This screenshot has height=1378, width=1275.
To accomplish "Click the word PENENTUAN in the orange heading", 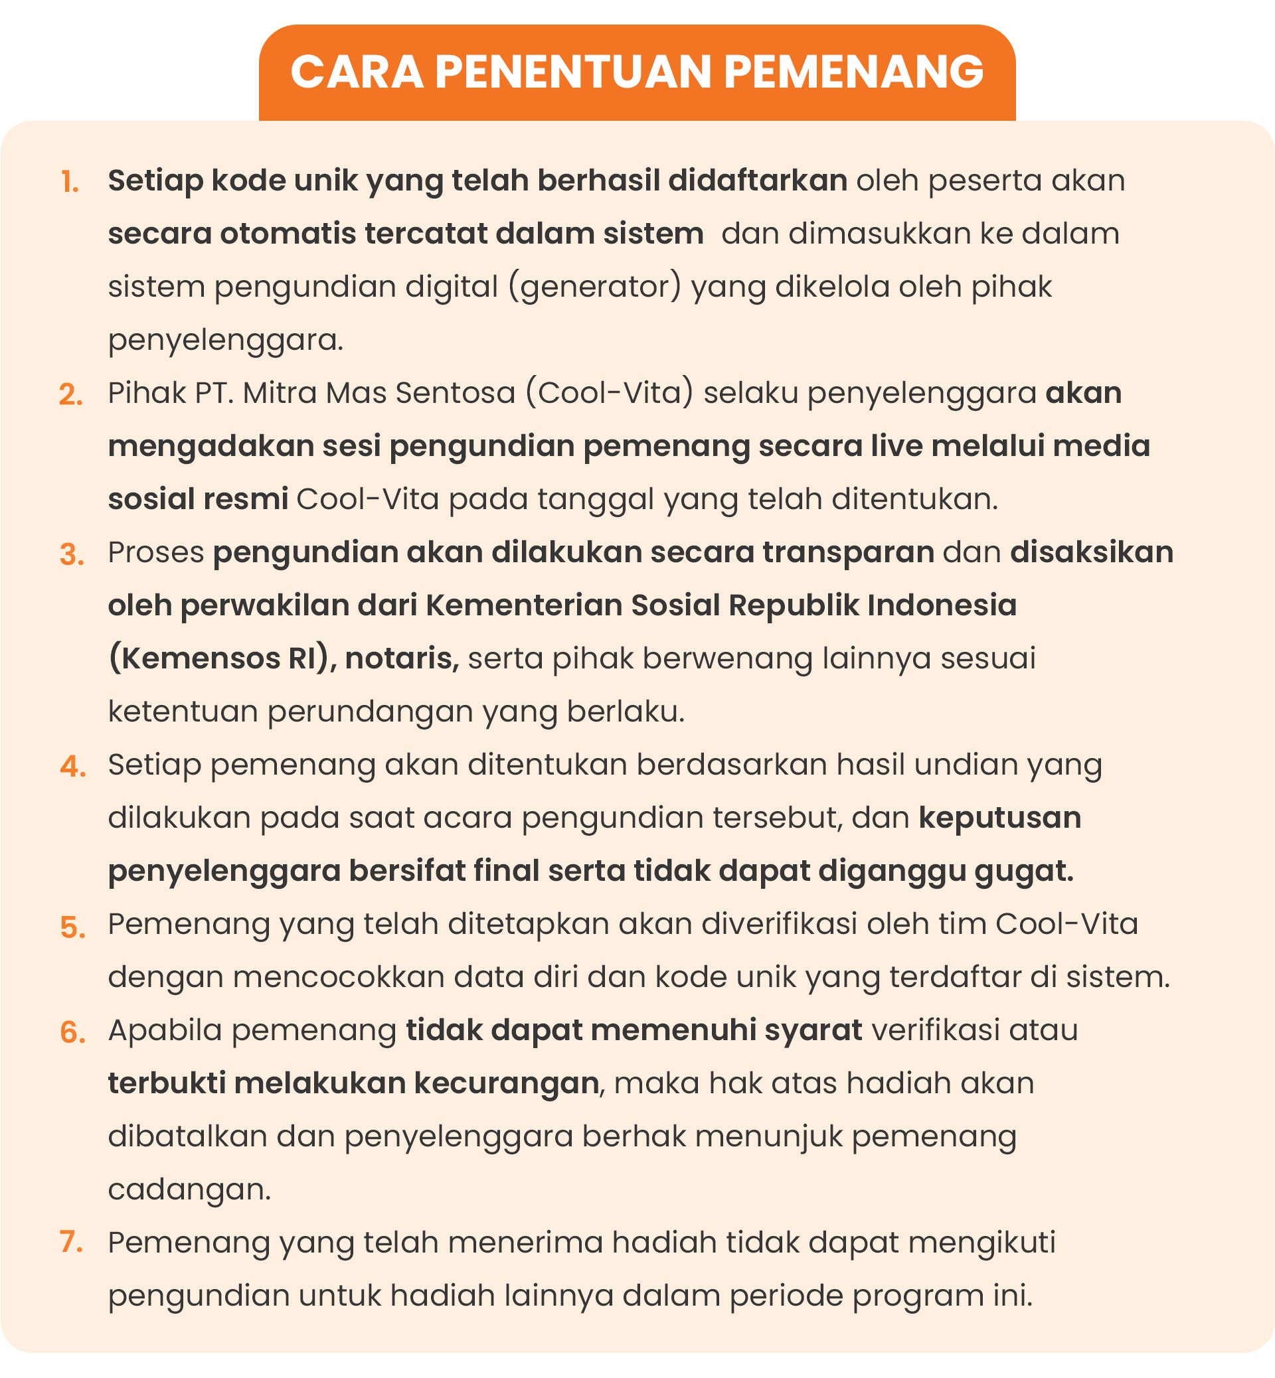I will pyautogui.click(x=572, y=72).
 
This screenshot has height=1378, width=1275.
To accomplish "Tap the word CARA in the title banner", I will pyautogui.click(x=357, y=72).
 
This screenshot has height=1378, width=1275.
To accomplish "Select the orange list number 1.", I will pyautogui.click(x=70, y=183).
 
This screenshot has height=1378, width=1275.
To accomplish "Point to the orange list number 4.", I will pyautogui.click(x=72, y=767).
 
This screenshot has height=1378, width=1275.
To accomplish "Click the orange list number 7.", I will pyautogui.click(x=71, y=1244).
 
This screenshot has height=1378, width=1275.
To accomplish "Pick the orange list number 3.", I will pyautogui.click(x=72, y=554).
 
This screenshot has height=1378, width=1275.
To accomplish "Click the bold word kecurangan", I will pyautogui.click(x=506, y=1083).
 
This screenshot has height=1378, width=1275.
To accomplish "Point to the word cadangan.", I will pyautogui.click(x=190, y=1189).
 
